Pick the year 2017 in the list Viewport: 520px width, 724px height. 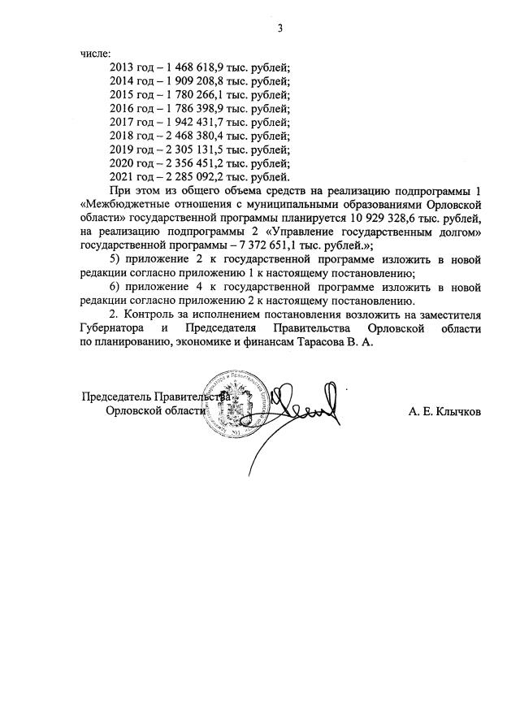tap(122, 122)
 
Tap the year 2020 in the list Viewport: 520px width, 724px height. tap(122, 163)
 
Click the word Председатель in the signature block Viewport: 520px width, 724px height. tap(116, 397)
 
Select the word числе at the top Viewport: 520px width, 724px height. tap(93, 53)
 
